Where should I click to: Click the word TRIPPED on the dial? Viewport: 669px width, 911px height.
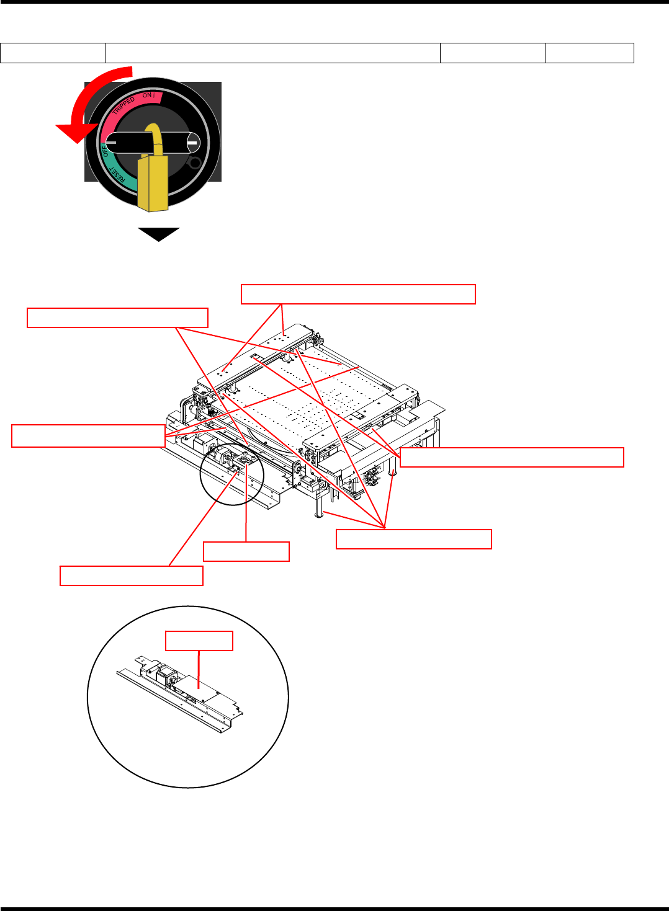(x=123, y=105)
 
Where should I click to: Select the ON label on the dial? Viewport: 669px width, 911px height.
(x=147, y=96)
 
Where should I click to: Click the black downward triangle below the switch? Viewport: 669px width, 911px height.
(x=159, y=234)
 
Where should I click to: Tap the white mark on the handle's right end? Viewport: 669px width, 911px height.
(x=192, y=145)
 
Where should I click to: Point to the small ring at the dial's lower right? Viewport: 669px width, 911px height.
(x=195, y=163)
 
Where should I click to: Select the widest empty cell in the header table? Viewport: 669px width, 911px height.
(x=273, y=53)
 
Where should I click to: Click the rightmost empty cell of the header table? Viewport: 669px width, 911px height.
(x=590, y=53)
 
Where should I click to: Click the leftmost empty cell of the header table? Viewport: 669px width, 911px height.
(x=53, y=53)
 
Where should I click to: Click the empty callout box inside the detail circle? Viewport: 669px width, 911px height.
(x=199, y=641)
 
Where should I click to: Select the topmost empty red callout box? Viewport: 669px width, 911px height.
(x=358, y=294)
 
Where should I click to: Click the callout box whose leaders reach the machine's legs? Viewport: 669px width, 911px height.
(x=414, y=539)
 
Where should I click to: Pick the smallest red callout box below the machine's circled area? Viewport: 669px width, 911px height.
(x=246, y=551)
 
